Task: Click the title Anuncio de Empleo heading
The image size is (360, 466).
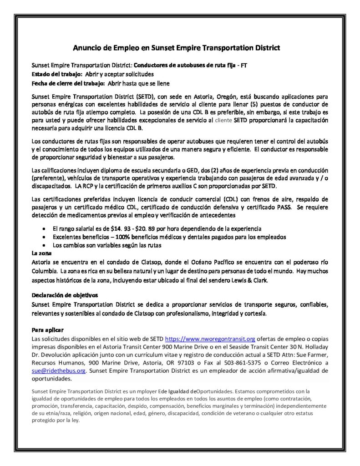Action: point(177,47)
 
